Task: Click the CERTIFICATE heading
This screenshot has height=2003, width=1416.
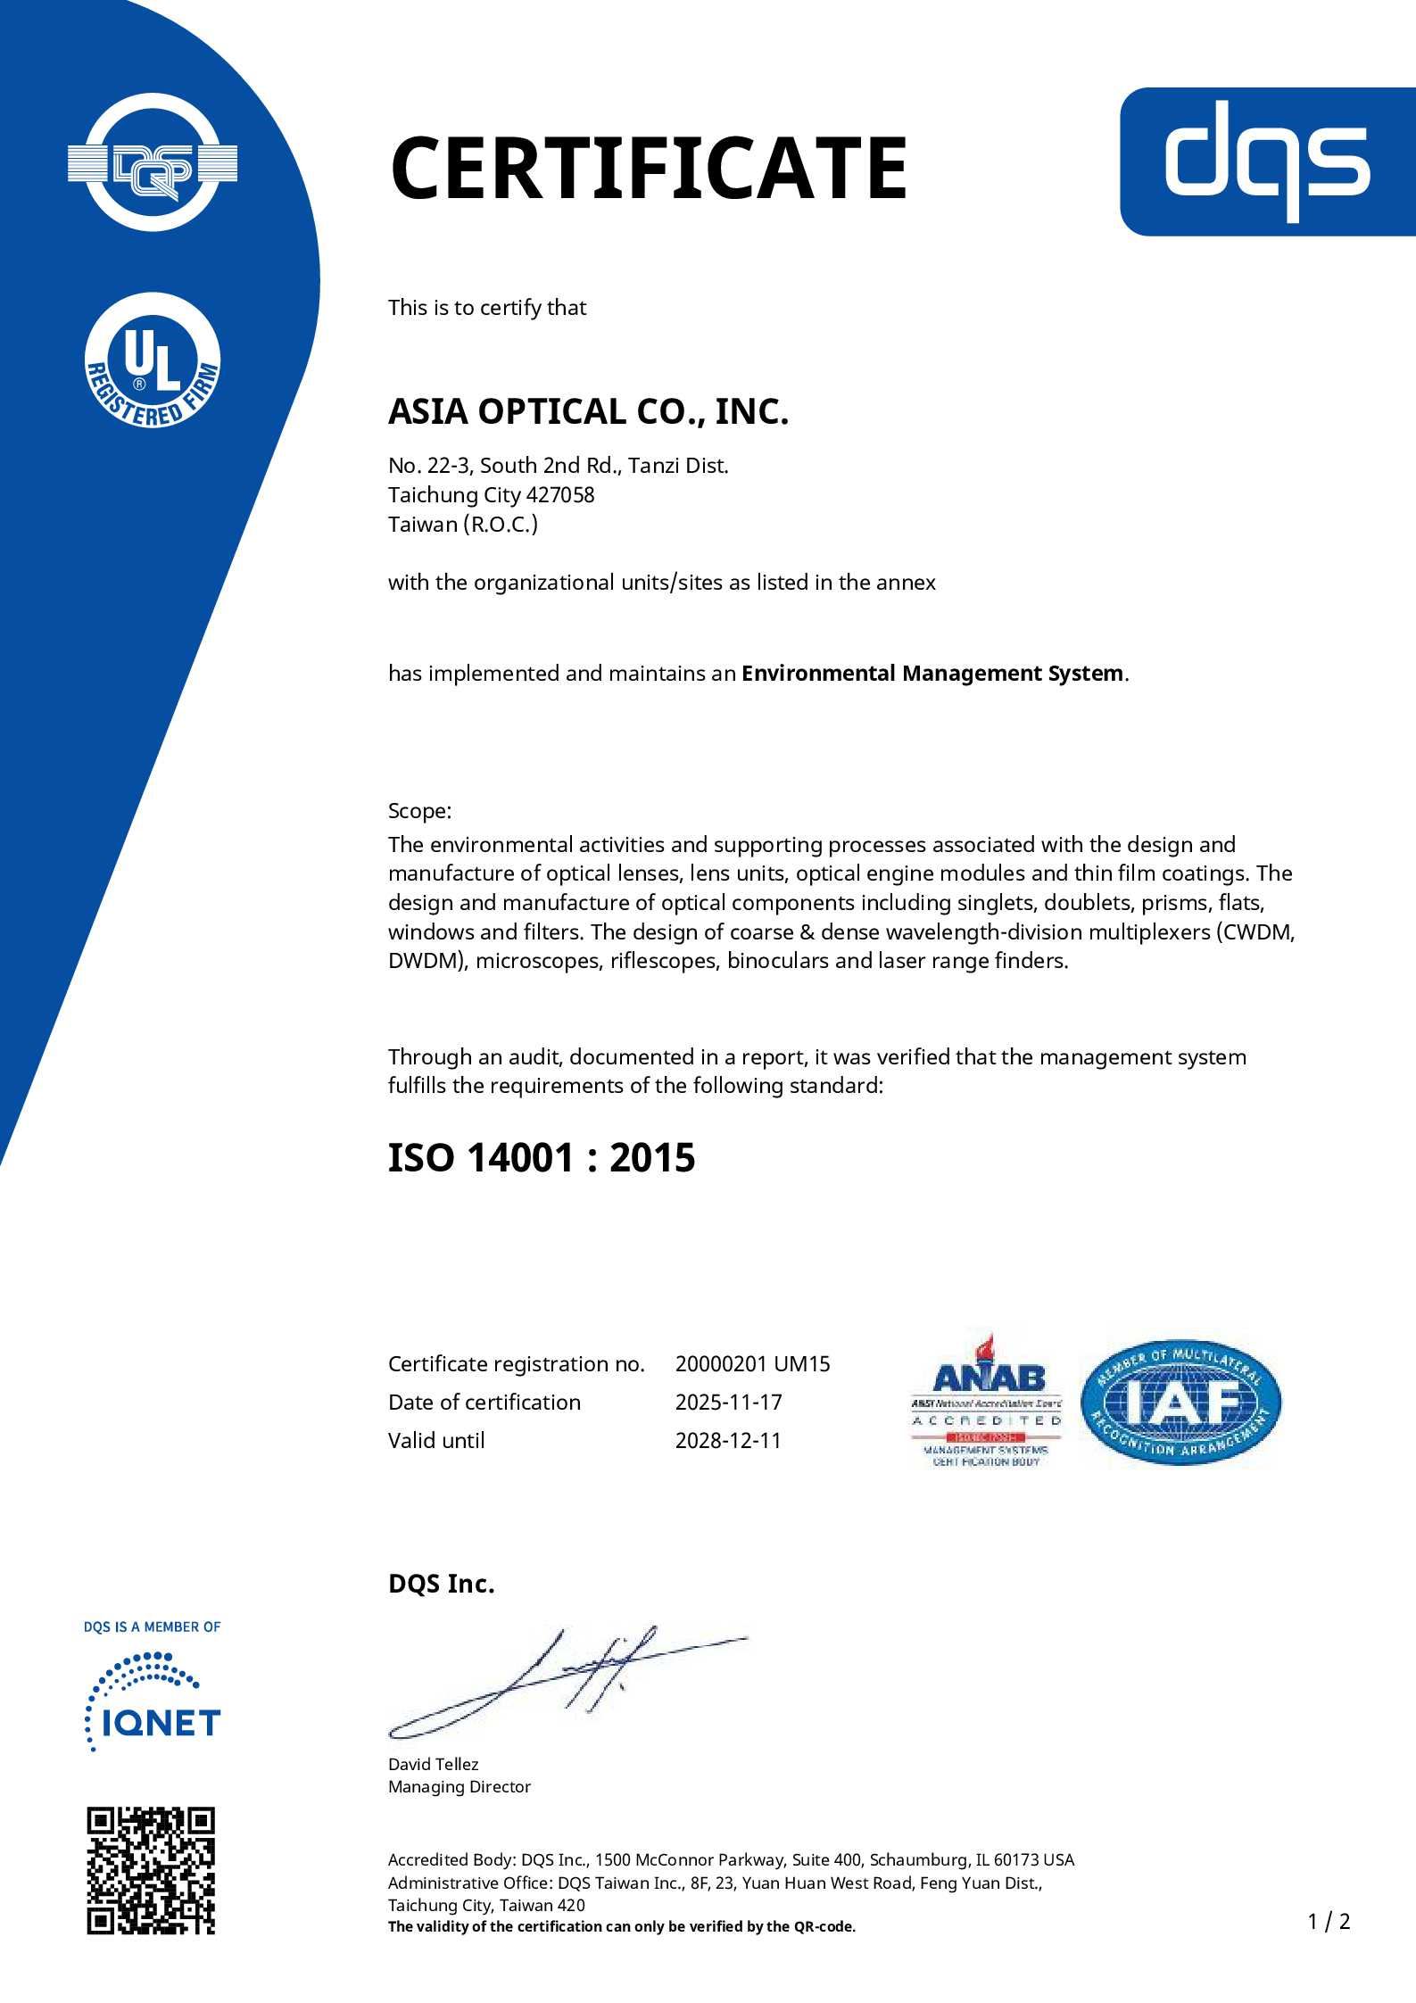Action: pyautogui.click(x=649, y=168)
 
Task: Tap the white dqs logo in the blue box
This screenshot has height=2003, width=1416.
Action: pyautogui.click(x=1266, y=161)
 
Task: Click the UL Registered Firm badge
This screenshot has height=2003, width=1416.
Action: pyautogui.click(x=153, y=360)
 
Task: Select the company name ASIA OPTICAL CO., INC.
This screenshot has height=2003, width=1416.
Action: pyautogui.click(x=588, y=411)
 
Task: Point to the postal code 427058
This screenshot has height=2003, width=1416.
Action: pyautogui.click(x=560, y=494)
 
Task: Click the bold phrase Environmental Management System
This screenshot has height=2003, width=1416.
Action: pyautogui.click(x=932, y=673)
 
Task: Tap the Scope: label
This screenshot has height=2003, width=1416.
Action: pyautogui.click(x=419, y=811)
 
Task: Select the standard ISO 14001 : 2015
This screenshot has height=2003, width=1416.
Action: pyautogui.click(x=541, y=1158)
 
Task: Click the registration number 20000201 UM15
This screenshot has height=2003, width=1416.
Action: pyautogui.click(x=752, y=1363)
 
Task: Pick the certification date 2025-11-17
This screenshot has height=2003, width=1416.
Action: pyautogui.click(x=728, y=1402)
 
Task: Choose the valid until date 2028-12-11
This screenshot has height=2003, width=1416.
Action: pyautogui.click(x=728, y=1440)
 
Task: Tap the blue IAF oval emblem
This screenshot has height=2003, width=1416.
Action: pyautogui.click(x=1180, y=1403)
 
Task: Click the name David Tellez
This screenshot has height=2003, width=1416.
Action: pyautogui.click(x=433, y=1764)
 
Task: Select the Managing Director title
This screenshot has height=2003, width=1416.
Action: pyautogui.click(x=459, y=1786)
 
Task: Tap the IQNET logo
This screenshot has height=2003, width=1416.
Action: pyautogui.click(x=153, y=1702)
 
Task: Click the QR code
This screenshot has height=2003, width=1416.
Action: pyautogui.click(x=151, y=1870)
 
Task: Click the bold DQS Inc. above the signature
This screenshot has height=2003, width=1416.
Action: pyautogui.click(x=441, y=1584)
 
